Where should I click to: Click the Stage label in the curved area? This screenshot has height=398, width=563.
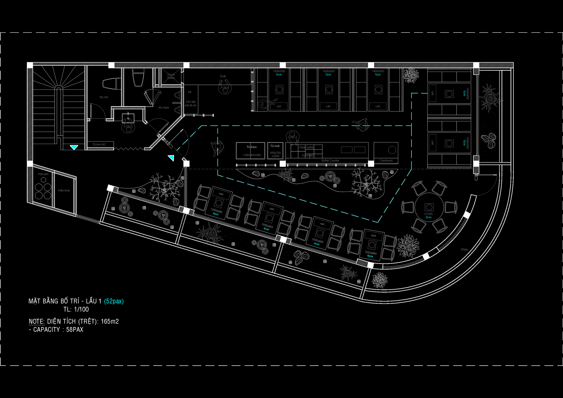464,249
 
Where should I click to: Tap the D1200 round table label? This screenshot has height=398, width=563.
428,214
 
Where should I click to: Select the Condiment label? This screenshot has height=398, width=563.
386,160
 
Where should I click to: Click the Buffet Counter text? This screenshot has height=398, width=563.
330,160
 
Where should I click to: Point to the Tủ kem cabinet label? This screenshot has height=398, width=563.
251,147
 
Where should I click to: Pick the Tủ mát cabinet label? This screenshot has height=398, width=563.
275,146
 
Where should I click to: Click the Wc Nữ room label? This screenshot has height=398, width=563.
104,97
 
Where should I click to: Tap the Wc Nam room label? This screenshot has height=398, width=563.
164,108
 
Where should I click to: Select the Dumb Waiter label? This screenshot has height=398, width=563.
171,76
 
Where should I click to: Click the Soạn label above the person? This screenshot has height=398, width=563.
223,76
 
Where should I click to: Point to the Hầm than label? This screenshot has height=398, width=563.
64,190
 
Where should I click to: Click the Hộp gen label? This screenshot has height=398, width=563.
43,174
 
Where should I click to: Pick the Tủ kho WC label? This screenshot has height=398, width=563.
99,145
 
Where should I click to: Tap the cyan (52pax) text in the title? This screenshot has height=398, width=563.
114,301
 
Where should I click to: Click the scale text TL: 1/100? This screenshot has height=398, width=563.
76,309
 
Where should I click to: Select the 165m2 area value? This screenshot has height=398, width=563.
110,321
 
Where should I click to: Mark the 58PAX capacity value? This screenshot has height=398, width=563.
74,330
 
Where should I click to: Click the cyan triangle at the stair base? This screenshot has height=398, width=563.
74,147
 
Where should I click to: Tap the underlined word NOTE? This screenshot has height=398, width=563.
36,321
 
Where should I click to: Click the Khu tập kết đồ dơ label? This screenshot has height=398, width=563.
191,104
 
